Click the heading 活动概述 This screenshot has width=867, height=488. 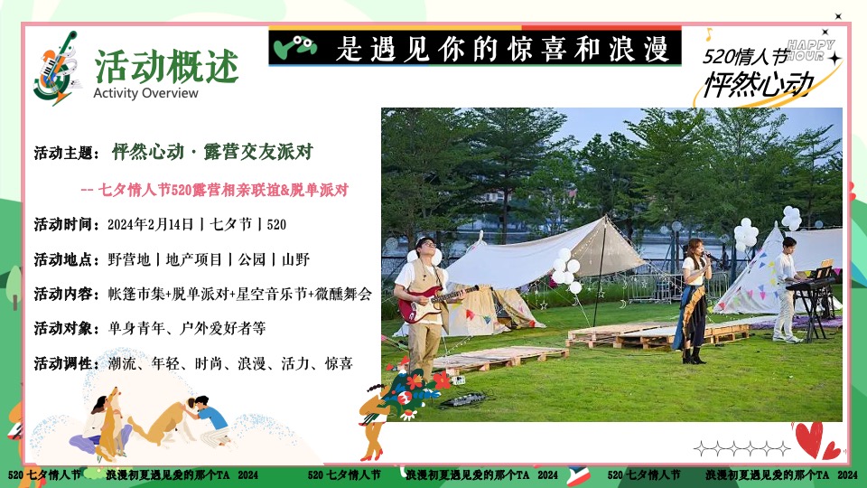coord(167,65)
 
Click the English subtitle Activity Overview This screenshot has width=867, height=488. coord(145,93)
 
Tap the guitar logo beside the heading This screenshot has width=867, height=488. coord(57,68)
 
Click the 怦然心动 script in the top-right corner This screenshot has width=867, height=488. coord(759,84)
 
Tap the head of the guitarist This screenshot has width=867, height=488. coord(424,249)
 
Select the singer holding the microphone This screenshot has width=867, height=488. coord(695,298)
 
